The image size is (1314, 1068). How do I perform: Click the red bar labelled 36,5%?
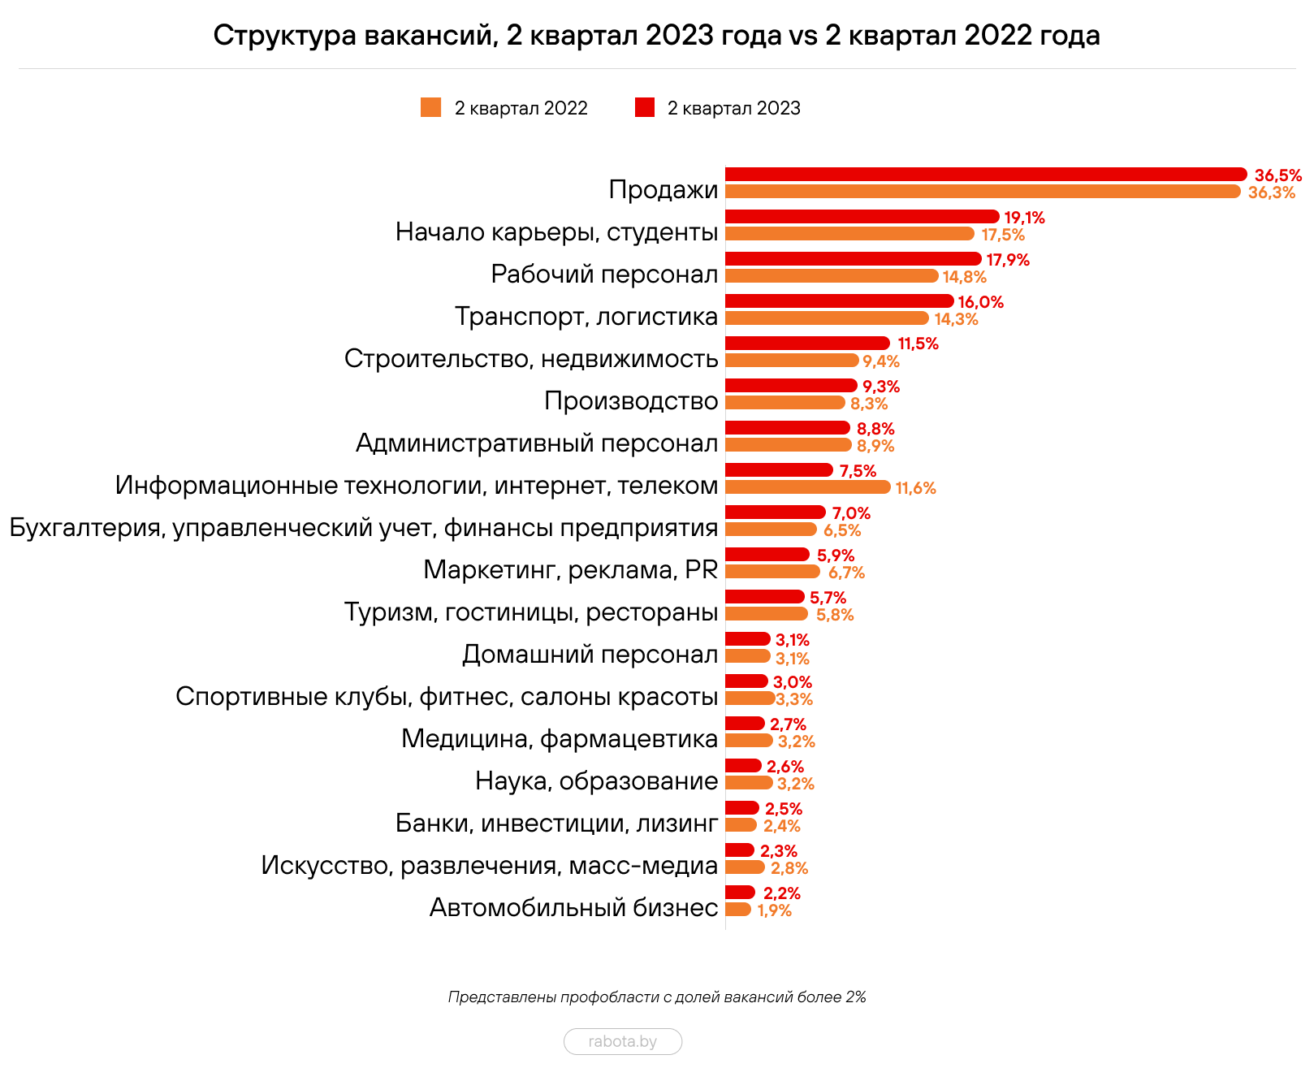click(x=985, y=175)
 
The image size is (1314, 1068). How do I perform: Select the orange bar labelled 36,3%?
click(x=982, y=192)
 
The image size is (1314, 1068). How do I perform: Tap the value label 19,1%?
click(x=1024, y=218)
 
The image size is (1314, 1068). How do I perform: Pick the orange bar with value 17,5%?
click(x=849, y=234)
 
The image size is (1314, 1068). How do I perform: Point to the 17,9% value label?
click(x=1007, y=260)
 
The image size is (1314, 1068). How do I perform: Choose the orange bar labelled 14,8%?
click(x=831, y=276)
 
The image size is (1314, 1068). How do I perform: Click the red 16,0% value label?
click(x=980, y=302)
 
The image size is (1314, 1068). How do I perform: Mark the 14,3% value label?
click(x=956, y=319)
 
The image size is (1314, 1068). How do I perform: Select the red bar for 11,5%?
click(x=807, y=344)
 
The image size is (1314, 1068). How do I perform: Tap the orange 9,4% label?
click(x=880, y=361)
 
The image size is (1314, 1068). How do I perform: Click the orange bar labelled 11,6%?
click(x=807, y=487)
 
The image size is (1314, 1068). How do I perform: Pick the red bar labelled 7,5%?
click(x=778, y=470)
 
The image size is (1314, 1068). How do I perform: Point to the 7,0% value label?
click(x=850, y=513)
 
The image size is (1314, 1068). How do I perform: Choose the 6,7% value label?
click(x=845, y=573)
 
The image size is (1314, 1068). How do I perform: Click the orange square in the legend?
click(x=431, y=107)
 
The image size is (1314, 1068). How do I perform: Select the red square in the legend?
click(x=644, y=107)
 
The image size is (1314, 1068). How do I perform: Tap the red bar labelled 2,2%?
click(x=739, y=893)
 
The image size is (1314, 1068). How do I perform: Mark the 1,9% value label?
click(x=773, y=910)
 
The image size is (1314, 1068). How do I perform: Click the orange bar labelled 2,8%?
click(x=744, y=867)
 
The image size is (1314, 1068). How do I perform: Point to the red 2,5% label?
click(x=783, y=809)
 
